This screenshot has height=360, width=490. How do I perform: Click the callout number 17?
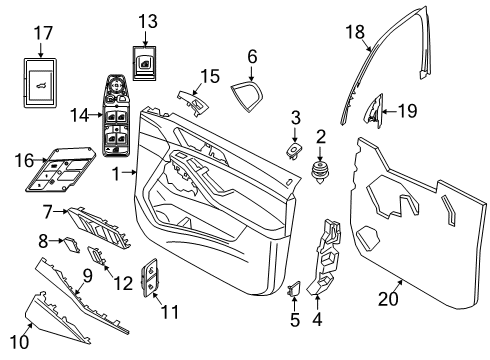click(42, 33)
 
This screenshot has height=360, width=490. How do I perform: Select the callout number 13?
click(147, 21)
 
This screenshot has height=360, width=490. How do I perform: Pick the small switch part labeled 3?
click(295, 149)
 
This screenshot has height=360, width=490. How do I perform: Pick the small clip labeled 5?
click(295, 291)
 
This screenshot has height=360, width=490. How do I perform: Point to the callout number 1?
click(116, 174)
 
